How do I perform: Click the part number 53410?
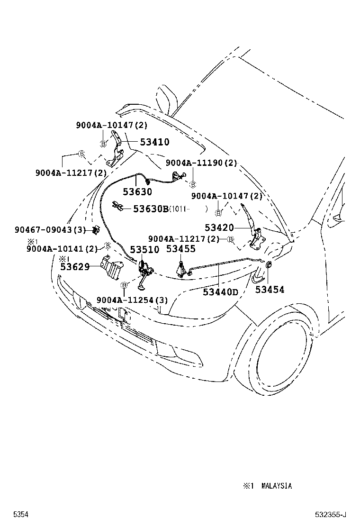pyautogui.click(x=155, y=142)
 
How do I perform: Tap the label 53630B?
pyautogui.click(x=151, y=209)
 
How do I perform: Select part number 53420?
pyautogui.click(x=219, y=228)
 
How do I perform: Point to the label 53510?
pyautogui.click(x=144, y=249)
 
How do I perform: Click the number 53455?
pyautogui.click(x=180, y=249)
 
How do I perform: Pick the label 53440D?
pyautogui.click(x=220, y=292)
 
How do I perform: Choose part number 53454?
pyautogui.click(x=270, y=290)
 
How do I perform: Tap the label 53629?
pyautogui.click(x=75, y=267)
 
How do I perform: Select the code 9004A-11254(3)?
pyautogui.click(x=132, y=300)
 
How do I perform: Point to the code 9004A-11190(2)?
pyautogui.click(x=201, y=163)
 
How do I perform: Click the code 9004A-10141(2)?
pyautogui.click(x=62, y=249)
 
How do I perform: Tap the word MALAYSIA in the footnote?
pyautogui.click(x=277, y=486)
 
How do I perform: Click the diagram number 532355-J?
pyautogui.click(x=331, y=515)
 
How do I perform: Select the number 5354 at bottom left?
pyautogui.click(x=21, y=515)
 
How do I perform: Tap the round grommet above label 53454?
pyautogui.click(x=269, y=265)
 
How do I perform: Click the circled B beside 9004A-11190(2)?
pyautogui.click(x=192, y=184)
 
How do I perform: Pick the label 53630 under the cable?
pyautogui.click(x=137, y=192)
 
